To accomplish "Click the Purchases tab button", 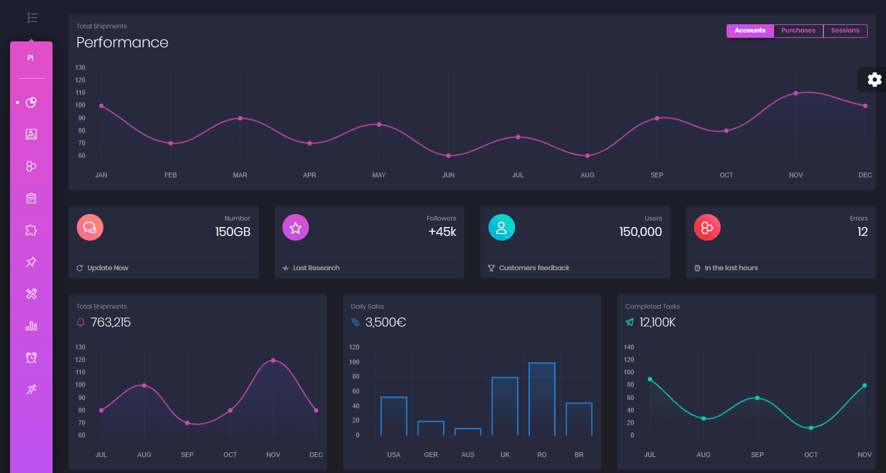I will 798,31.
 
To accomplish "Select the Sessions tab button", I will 845,31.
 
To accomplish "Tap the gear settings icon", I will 874,79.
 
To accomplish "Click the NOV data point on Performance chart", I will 796,93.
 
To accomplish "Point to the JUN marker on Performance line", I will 448,155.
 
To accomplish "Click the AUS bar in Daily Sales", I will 468,432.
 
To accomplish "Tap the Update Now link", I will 108,268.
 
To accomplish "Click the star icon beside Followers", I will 295,228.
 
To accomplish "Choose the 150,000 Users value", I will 640,232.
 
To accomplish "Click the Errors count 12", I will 862,232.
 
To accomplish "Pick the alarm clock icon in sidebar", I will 31,357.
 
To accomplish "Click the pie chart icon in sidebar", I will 31,102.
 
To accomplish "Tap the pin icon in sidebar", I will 31,262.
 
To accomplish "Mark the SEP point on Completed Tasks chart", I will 757,398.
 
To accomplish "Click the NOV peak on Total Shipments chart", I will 273,360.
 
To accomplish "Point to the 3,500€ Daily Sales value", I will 385,322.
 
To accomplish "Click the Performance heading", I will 122,43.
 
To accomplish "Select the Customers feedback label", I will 534,268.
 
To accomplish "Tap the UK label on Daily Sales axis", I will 505,455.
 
